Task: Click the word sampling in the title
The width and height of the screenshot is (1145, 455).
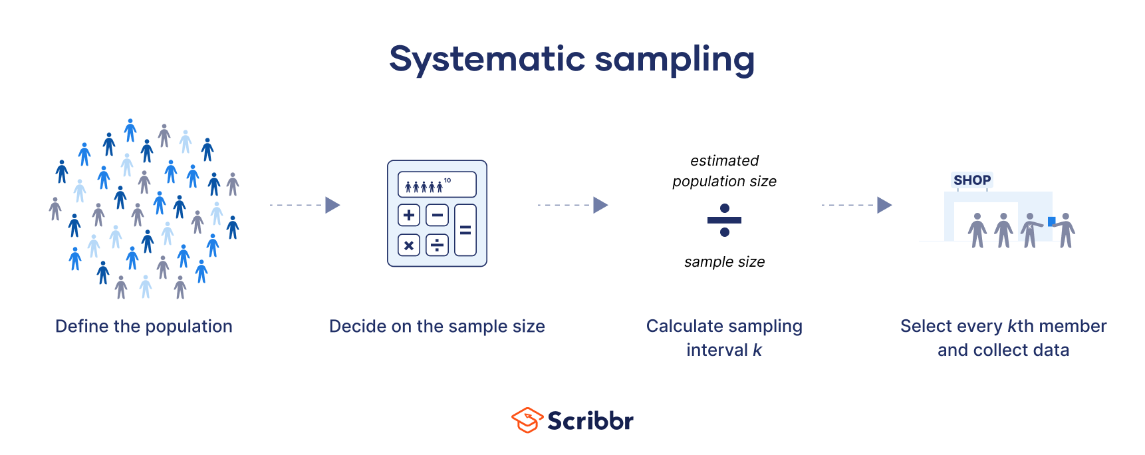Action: coord(674,60)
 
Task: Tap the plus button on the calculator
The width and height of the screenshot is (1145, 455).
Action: coord(409,215)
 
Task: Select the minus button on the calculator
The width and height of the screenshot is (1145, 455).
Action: coord(437,215)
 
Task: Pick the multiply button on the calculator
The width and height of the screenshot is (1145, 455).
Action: coord(409,245)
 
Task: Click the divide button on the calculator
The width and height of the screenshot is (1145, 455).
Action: coord(437,245)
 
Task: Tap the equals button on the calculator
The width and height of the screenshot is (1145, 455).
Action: coord(465,230)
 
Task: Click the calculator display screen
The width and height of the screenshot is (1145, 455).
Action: coord(437,184)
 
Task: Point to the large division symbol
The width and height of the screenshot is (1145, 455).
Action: coord(724,220)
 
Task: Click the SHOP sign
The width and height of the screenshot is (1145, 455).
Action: coord(971,180)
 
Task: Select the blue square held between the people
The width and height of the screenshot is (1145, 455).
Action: coord(1051,221)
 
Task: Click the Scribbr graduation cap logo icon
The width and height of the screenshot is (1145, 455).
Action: coord(527,420)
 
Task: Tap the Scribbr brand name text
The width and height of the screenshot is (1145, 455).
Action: coord(590,420)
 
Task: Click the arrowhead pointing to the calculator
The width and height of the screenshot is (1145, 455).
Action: coord(332,205)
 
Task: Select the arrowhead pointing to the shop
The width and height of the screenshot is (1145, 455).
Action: coord(884,205)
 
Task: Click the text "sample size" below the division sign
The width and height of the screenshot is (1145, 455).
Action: coord(724,262)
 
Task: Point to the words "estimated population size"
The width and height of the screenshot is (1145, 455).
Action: coord(724,171)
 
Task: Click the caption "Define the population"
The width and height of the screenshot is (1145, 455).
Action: coord(144,326)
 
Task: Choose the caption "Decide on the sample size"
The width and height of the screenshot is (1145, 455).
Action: coord(437,326)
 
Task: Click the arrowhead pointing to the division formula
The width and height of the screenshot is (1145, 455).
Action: coord(600,205)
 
